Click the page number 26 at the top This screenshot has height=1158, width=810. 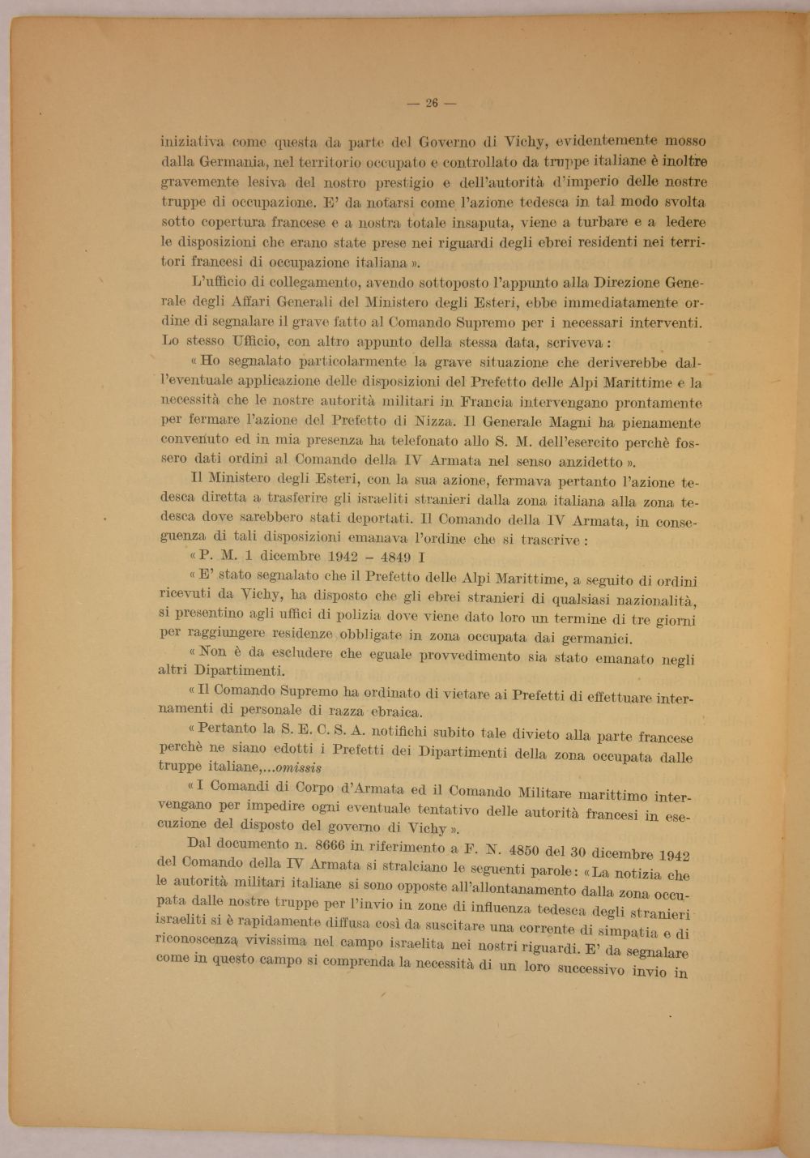[x=431, y=103]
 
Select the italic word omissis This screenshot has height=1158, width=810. [x=296, y=767]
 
